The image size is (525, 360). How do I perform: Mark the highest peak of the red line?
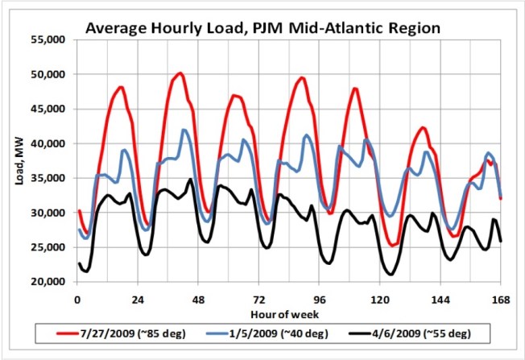pos(180,73)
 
